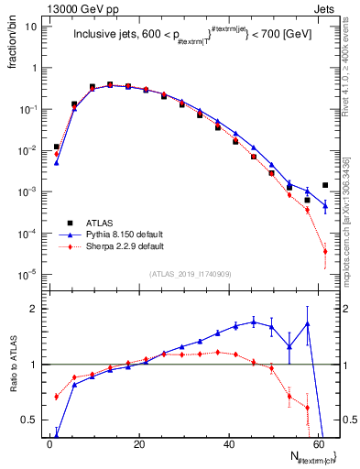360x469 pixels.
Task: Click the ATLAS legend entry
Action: pos(101,223)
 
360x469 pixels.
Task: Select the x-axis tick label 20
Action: pos(138,446)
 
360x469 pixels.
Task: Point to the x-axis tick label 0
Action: pos(49,446)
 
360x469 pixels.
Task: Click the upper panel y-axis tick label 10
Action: pos(29,26)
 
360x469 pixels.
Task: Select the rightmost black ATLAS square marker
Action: pos(325,185)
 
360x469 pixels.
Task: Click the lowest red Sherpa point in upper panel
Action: pos(325,252)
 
